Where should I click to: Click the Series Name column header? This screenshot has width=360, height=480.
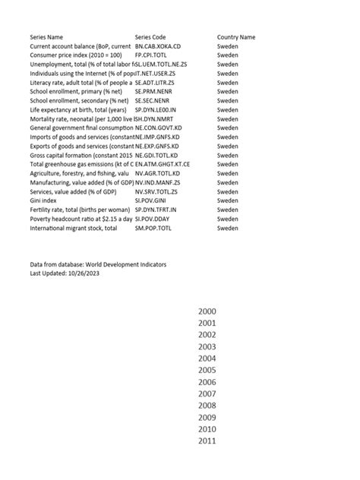coord(46,36)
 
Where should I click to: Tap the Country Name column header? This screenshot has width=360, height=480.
coord(236,36)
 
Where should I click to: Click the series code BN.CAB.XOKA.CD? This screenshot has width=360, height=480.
coord(158,46)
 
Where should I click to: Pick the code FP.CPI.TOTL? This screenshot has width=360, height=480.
coord(151,55)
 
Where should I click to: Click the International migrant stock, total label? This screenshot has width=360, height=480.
coord(73,228)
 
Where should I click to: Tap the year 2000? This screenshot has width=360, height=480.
coord(207,311)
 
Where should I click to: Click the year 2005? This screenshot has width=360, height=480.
coord(207,370)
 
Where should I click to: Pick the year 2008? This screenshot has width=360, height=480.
coord(207,406)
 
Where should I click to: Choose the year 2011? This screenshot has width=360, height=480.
coord(207,441)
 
